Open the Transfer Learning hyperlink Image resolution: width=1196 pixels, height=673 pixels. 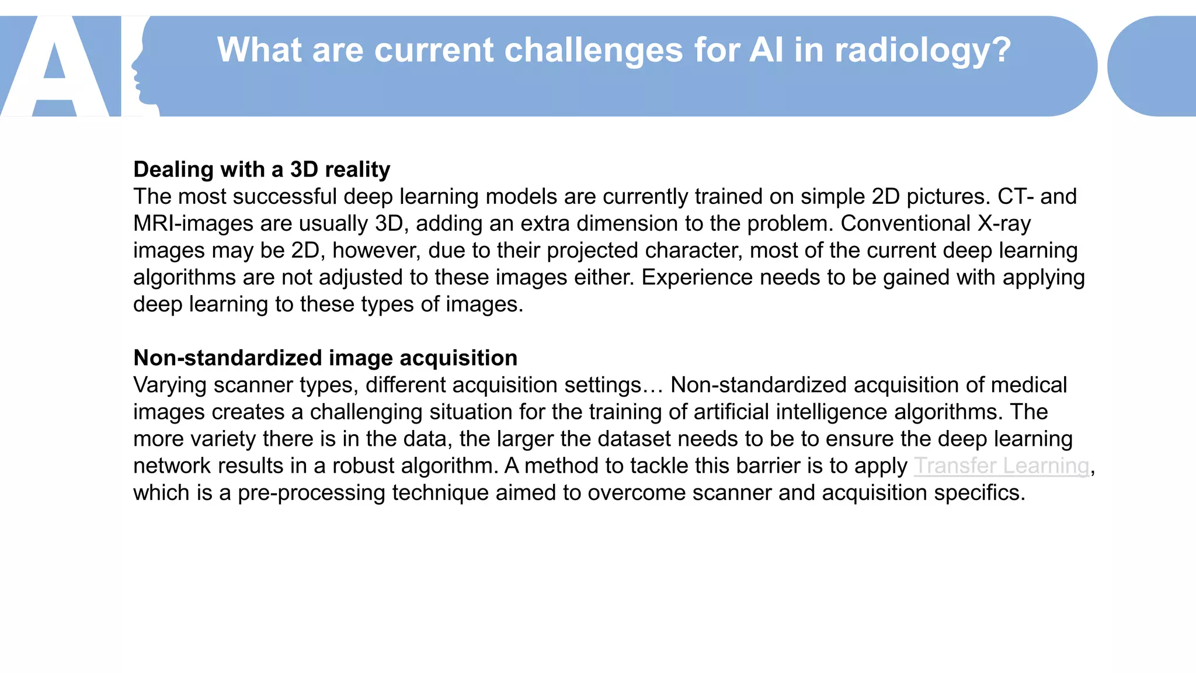[x=1001, y=466]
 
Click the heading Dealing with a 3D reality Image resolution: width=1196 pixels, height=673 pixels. [x=262, y=169]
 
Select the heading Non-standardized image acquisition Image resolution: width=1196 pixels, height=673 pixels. [x=325, y=358]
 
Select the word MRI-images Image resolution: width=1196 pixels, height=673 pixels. [x=193, y=224]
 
